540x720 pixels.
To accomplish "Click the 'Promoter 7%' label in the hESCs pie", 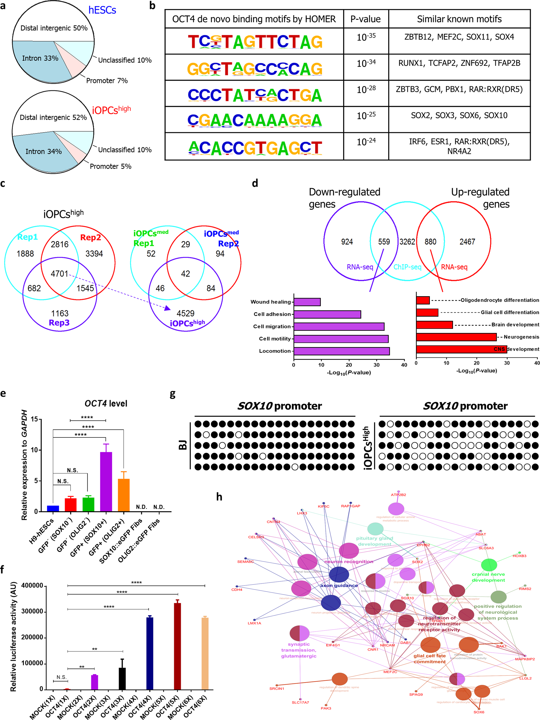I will click(x=107, y=81).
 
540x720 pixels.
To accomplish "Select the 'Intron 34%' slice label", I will click(x=44, y=151).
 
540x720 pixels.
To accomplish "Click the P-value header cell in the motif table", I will click(x=365, y=19).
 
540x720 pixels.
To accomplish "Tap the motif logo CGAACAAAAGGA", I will click(x=255, y=120).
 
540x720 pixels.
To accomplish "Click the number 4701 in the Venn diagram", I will click(x=59, y=274).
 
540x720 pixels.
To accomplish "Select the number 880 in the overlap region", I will click(x=430, y=242).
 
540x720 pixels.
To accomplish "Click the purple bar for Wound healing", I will click(x=307, y=302).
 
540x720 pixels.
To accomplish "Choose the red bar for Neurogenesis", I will click(x=456, y=337).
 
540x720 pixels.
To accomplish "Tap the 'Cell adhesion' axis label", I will click(x=272, y=314).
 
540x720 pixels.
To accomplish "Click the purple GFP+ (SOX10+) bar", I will click(x=106, y=481).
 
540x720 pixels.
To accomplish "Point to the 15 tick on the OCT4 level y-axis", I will click(x=34, y=419).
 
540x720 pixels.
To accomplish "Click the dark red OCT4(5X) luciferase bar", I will click(x=177, y=646).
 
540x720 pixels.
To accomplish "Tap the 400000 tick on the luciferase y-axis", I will click(x=32, y=586).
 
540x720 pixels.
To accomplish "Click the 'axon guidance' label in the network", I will click(x=339, y=585).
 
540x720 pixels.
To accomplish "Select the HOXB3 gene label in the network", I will click(x=519, y=556).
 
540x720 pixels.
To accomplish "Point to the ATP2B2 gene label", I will click(x=398, y=495).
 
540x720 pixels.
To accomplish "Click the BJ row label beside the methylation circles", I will click(x=183, y=444).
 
